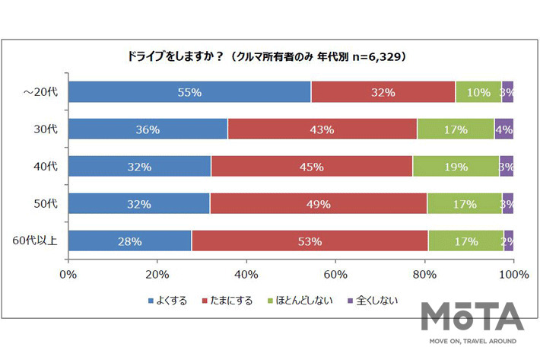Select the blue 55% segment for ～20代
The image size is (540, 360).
[189, 92]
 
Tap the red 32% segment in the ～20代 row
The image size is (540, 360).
[383, 92]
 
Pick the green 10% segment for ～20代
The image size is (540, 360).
[478, 92]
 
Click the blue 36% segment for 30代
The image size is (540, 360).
[148, 129]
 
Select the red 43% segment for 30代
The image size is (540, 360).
[322, 129]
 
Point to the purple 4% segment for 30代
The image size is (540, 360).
[504, 129]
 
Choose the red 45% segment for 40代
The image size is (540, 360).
[311, 166]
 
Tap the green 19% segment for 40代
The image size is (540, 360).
[456, 166]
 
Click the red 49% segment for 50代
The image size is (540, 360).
[318, 203]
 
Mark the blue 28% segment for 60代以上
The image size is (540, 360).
[130, 241]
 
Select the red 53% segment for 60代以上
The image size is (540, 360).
[310, 241]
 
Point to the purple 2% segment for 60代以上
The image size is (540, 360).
[509, 241]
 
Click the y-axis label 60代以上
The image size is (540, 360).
[35, 241]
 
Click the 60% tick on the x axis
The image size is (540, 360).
[335, 273]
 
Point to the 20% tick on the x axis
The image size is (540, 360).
[157, 273]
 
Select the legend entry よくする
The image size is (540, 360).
[170, 300]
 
